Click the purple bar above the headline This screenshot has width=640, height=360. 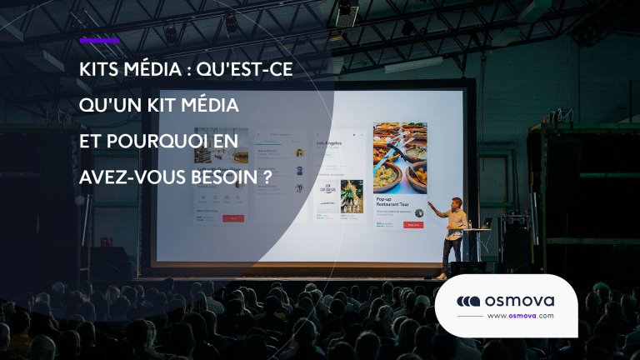(x=99, y=40)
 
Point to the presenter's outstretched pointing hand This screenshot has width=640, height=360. (x=430, y=204)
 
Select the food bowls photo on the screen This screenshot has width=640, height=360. (x=400, y=158)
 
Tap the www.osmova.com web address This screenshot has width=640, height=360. (x=519, y=317)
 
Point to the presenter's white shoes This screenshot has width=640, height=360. (x=442, y=275)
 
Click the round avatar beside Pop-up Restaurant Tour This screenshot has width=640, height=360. (x=419, y=212)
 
